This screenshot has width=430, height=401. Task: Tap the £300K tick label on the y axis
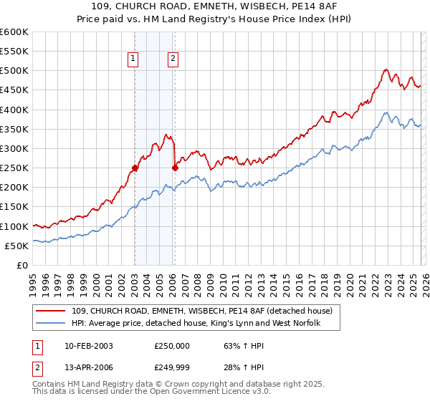pos(14,148)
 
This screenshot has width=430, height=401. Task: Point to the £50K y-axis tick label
pos(16,246)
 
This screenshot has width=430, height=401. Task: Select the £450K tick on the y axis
pos(14,90)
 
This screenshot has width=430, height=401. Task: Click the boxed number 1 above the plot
pos(134,59)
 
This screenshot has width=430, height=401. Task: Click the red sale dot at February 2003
pos(135,168)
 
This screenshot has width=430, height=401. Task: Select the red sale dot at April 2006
pos(175,168)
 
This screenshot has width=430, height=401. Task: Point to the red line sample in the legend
pos(52,311)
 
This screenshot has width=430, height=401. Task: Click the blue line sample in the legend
pos(52,324)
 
